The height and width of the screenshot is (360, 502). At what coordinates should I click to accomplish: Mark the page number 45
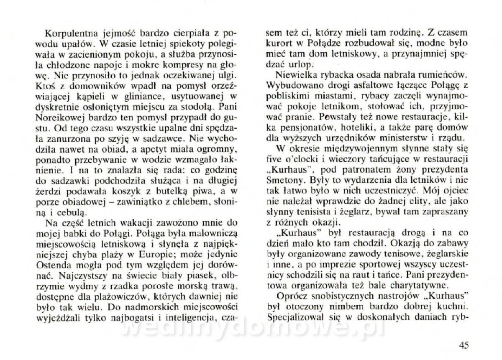(x=463, y=345)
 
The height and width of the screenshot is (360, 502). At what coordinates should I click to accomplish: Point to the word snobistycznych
(x=353, y=297)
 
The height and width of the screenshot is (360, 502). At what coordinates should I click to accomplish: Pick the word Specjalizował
(x=296, y=317)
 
